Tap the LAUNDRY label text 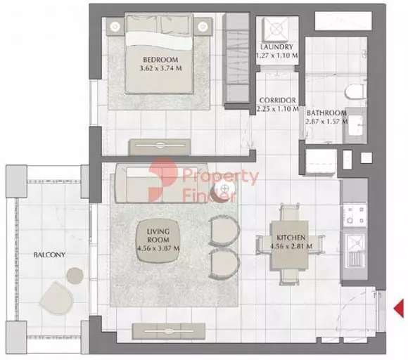[277, 47]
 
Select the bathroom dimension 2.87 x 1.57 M [326, 122]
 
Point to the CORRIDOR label [277, 101]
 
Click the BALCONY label [49, 255]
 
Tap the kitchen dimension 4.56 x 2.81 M [291, 246]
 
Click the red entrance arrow [399, 308]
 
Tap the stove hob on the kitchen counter [355, 215]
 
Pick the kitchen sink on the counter [355, 251]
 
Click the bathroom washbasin [355, 125]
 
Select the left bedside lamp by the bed [115, 26]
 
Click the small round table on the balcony [75, 275]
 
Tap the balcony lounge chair [57, 297]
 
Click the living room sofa [161, 183]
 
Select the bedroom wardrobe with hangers [236, 58]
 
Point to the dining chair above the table [289, 212]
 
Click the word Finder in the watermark [209, 195]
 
